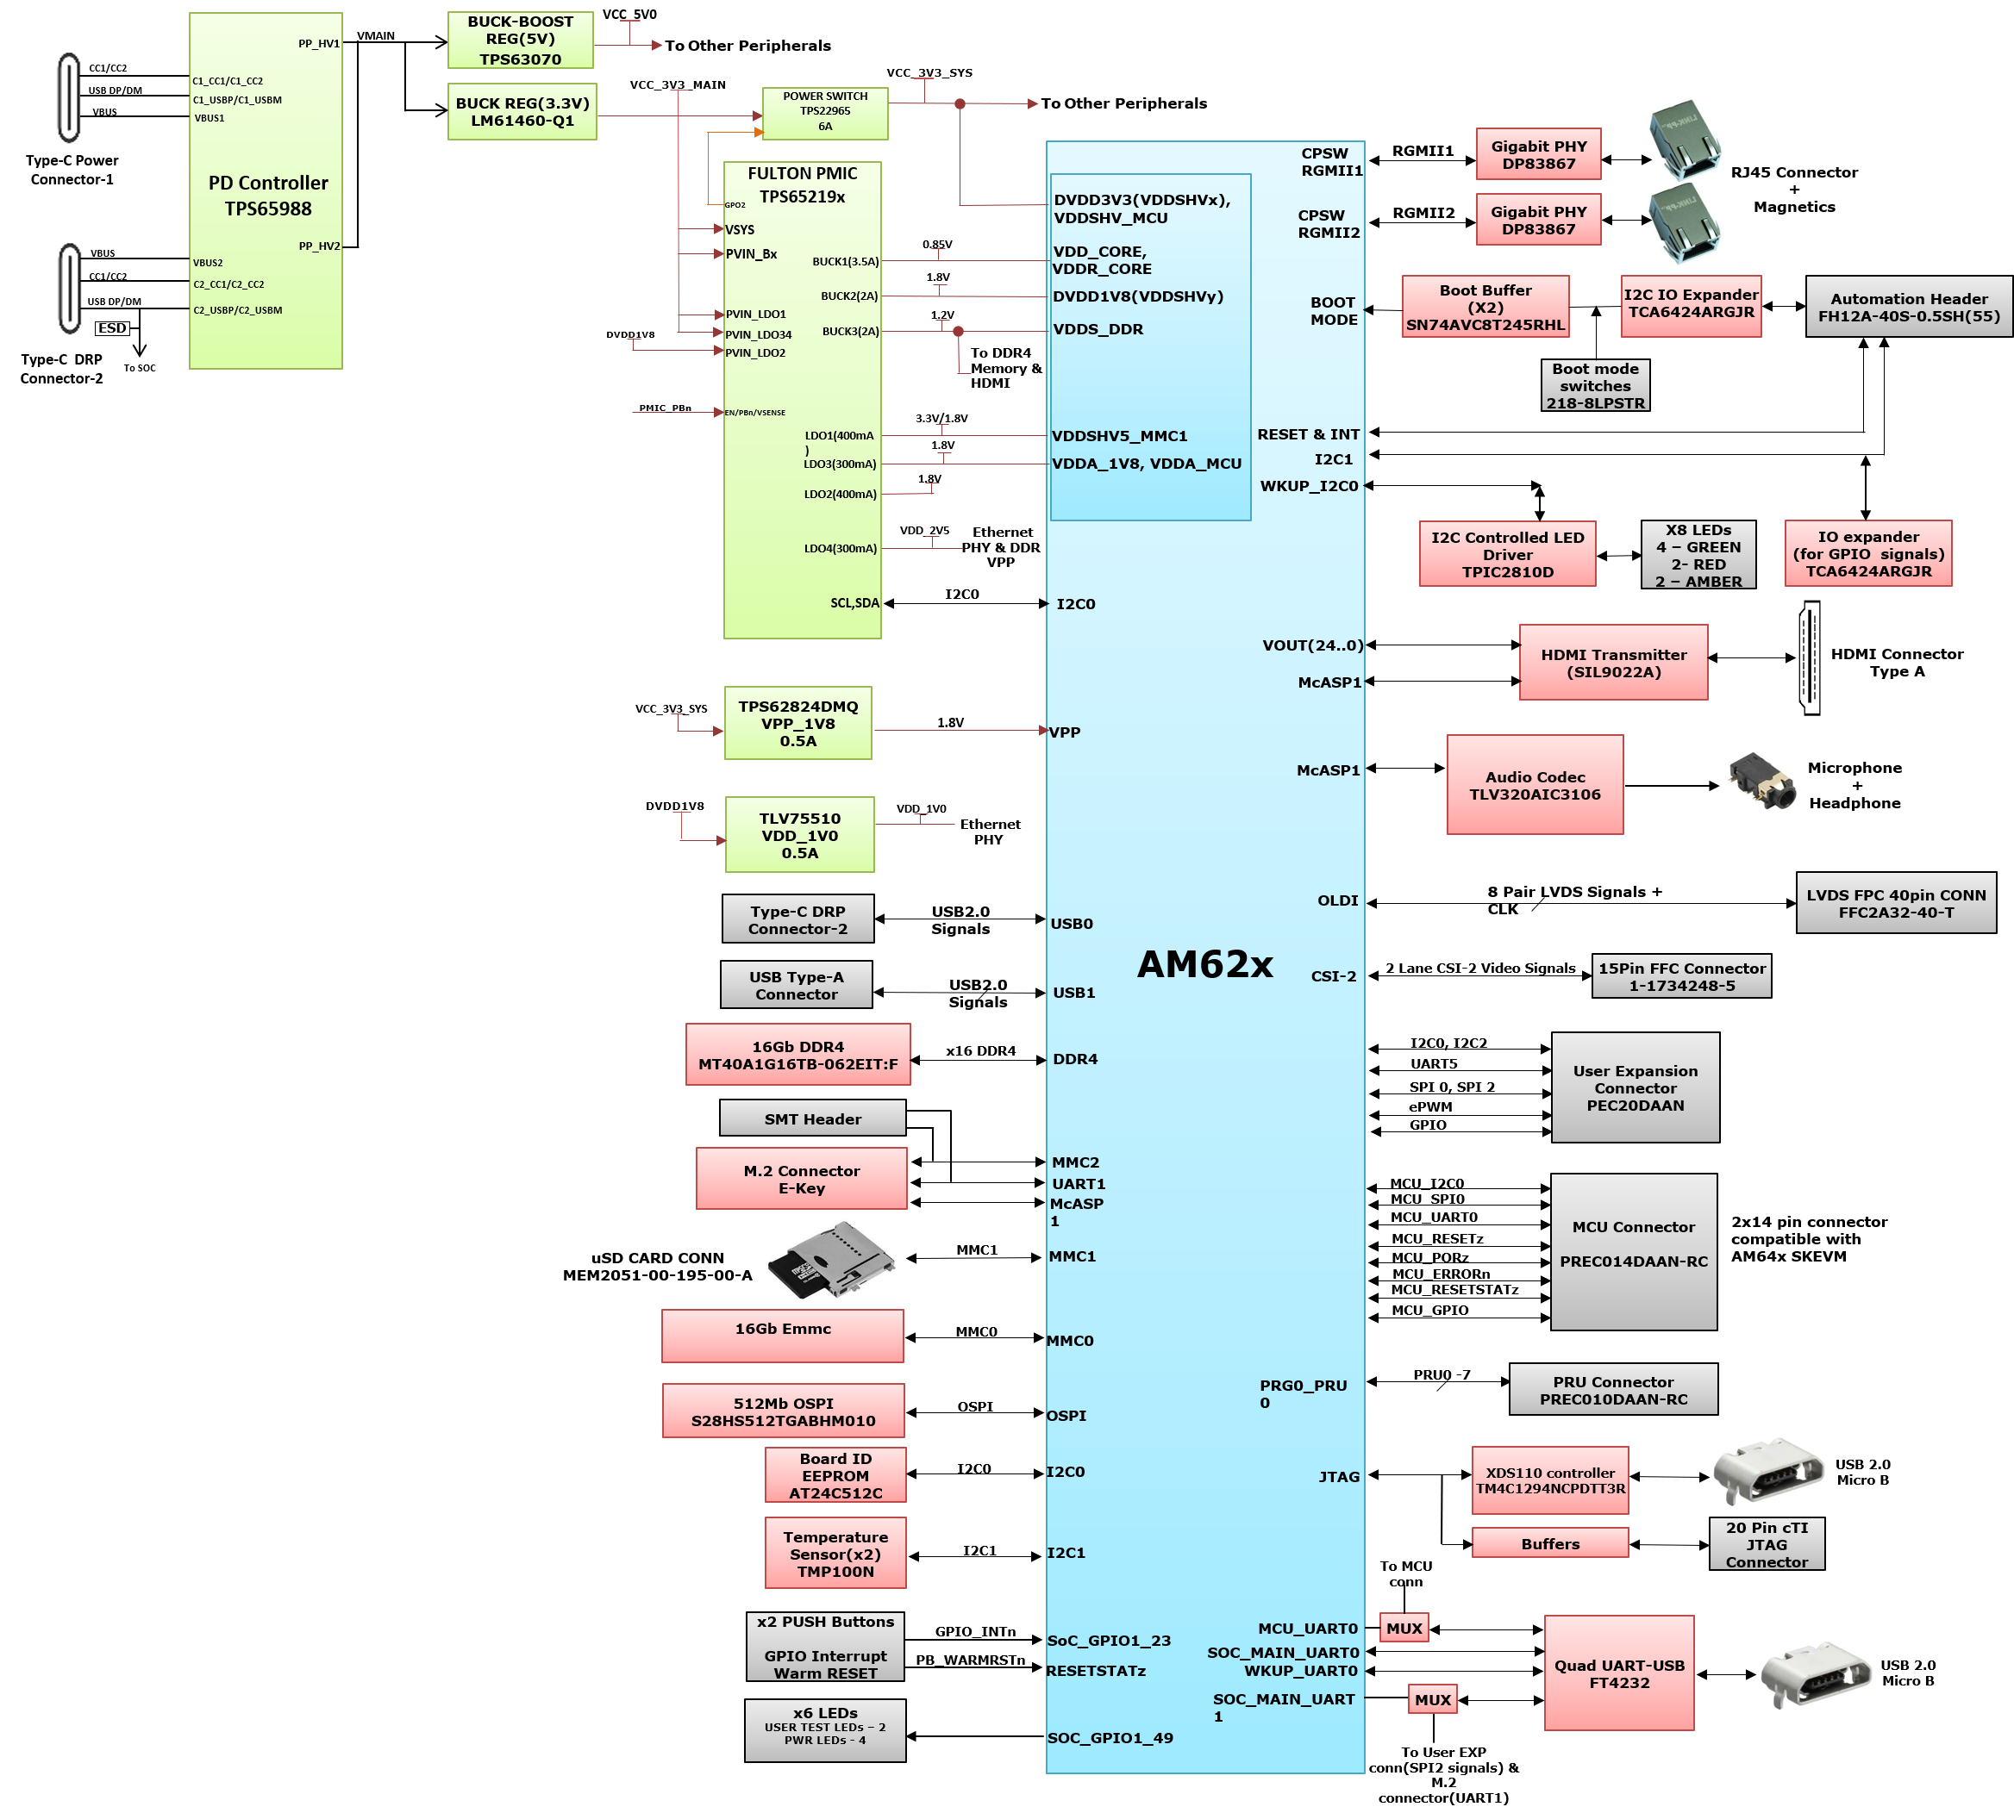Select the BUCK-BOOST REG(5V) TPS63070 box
click(x=520, y=40)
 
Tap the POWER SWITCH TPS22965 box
click(x=825, y=113)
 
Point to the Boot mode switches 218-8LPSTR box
click(x=1594, y=385)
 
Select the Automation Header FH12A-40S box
click(x=1908, y=307)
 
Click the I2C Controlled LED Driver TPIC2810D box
click(x=1507, y=554)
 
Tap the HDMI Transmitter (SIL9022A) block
click(x=1613, y=663)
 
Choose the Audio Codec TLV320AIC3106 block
click(x=1535, y=785)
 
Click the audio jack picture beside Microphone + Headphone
click(x=1762, y=781)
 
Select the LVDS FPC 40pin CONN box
click(x=1895, y=902)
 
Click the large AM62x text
click(x=1204, y=963)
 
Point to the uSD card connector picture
click(x=831, y=1259)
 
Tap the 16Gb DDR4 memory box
click(x=797, y=1055)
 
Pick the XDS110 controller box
click(x=1549, y=1480)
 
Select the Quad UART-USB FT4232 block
click(x=1618, y=1673)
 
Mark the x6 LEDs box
click(x=825, y=1730)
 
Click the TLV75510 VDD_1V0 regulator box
click(x=799, y=835)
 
